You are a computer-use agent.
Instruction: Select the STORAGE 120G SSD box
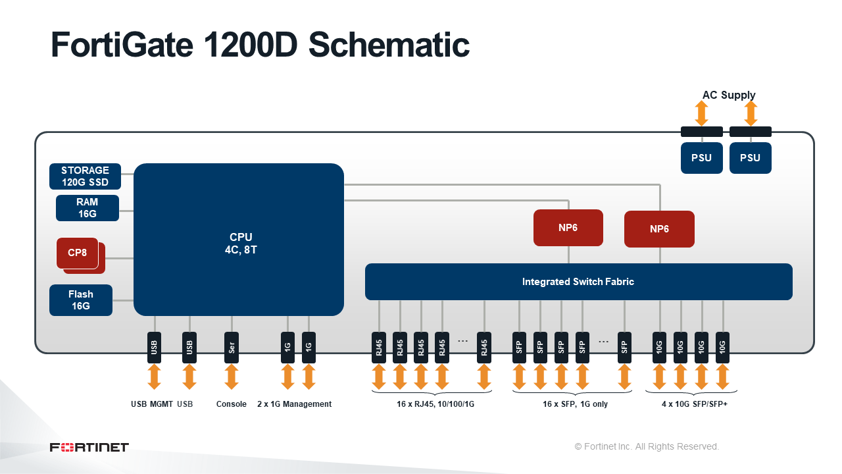click(x=85, y=176)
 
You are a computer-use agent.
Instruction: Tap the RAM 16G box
click(x=87, y=208)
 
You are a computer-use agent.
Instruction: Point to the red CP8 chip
click(x=77, y=253)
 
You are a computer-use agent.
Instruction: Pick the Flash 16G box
click(x=80, y=300)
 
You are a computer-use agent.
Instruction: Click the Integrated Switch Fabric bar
click(x=578, y=282)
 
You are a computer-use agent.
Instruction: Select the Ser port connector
click(x=231, y=347)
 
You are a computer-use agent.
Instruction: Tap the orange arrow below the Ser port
click(x=231, y=377)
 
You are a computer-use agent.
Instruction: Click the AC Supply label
click(x=728, y=95)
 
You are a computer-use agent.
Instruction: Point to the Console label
click(x=231, y=404)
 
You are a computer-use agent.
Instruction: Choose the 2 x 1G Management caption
click(x=294, y=404)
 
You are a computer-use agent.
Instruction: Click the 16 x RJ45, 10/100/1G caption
click(x=435, y=404)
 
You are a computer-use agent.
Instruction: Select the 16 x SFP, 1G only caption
click(x=575, y=404)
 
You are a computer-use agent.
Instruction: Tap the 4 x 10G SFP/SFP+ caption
click(x=695, y=404)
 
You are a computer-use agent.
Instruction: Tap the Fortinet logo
click(x=89, y=448)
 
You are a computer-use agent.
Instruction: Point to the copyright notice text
click(x=647, y=446)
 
